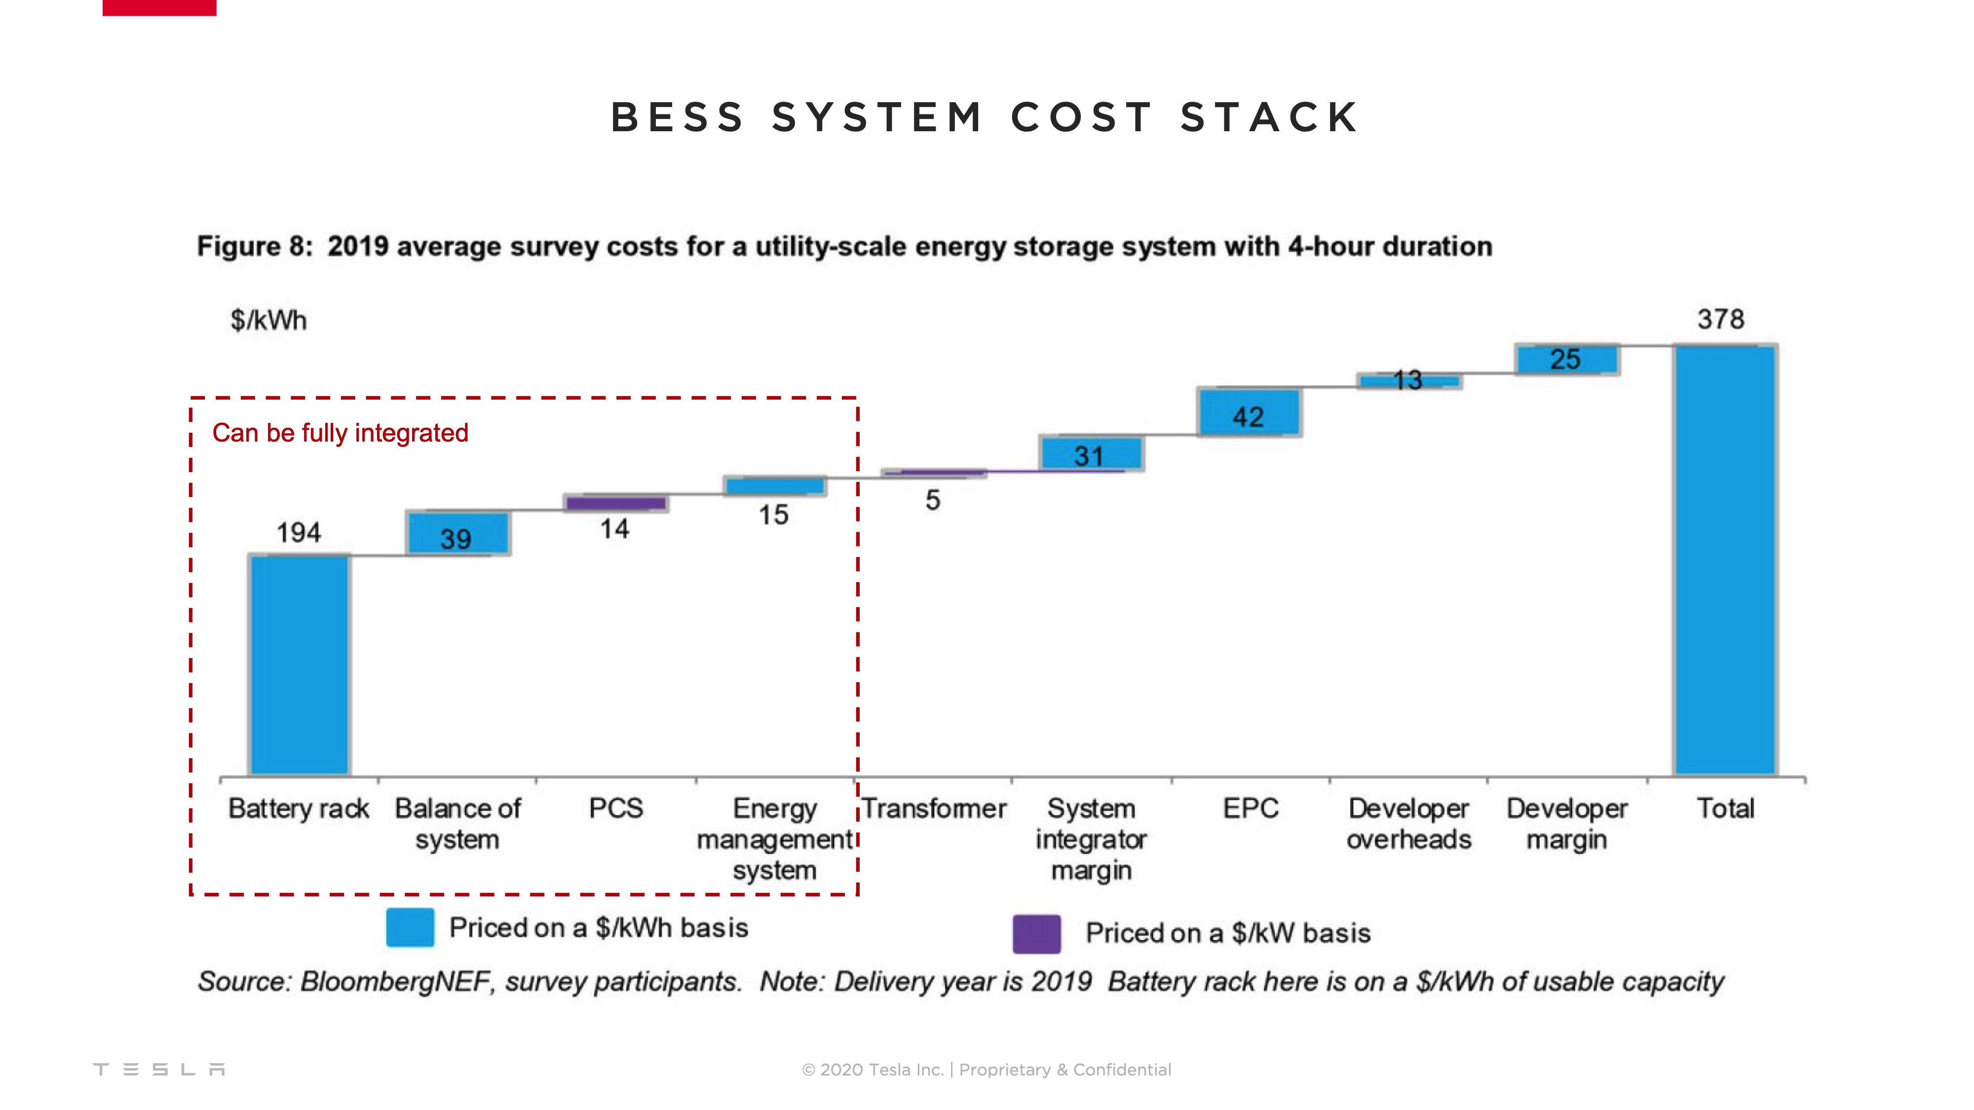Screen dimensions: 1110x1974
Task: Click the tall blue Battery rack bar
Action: coord(299,665)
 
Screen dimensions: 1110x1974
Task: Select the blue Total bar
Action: coord(1724,559)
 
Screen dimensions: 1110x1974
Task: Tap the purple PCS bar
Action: coord(615,503)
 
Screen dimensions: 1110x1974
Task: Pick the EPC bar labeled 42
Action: coord(1249,412)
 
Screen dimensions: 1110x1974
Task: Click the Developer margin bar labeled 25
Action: coord(1566,359)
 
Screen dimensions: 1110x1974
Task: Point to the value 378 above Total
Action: coord(1720,319)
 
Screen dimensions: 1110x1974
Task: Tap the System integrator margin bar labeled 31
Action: coord(1090,453)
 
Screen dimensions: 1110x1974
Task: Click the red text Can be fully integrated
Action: coord(340,433)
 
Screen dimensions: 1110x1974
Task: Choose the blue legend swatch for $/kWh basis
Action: coord(410,927)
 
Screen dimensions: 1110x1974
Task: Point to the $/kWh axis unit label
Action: coord(268,320)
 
